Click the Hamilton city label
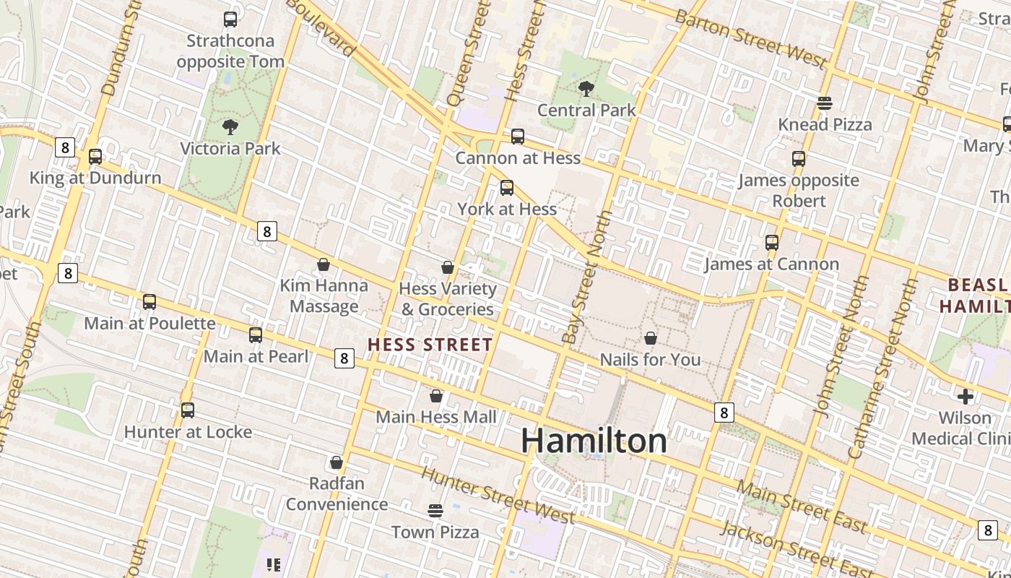click(x=594, y=441)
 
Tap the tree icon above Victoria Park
click(x=230, y=127)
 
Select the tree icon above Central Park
click(x=586, y=89)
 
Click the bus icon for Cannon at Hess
click(x=518, y=137)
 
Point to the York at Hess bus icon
click(x=507, y=188)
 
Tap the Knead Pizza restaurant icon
click(x=825, y=103)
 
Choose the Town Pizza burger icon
click(x=435, y=511)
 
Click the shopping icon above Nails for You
click(x=651, y=338)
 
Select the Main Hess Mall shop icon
click(x=436, y=396)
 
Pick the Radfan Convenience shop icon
click(x=337, y=462)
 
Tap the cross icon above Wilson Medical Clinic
click(x=966, y=397)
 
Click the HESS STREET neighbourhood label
click(x=430, y=345)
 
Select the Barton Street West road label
click(x=750, y=40)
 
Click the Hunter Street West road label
click(x=498, y=495)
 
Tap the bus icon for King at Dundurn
click(x=95, y=157)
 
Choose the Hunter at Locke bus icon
click(x=188, y=410)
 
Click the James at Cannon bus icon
click(x=772, y=243)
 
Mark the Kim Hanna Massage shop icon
click(x=324, y=264)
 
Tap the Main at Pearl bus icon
click(x=256, y=335)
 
